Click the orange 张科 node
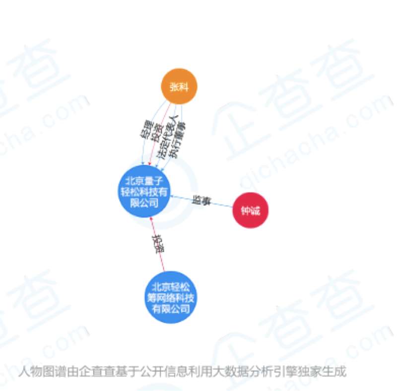(179, 87)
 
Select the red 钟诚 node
(250, 210)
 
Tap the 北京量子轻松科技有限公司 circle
(144, 191)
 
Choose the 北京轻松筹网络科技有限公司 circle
(170, 297)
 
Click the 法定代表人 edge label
(166, 137)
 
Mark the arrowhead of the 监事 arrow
(172, 197)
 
